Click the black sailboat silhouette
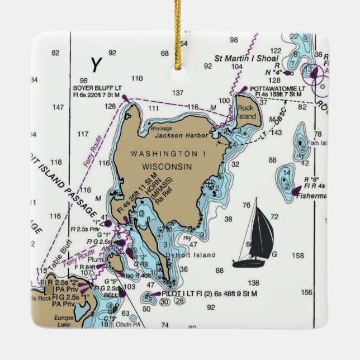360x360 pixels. pos(258,234)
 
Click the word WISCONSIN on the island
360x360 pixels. pos(167,167)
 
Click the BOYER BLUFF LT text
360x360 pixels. pos(97,88)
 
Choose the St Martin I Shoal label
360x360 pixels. pos(247,58)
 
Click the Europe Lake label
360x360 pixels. pos(63,321)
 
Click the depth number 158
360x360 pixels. pos(298,255)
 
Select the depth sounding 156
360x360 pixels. pos(306,292)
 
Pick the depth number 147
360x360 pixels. pos(58,107)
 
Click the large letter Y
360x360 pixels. pos(96,65)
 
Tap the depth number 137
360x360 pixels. pos(178,93)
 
